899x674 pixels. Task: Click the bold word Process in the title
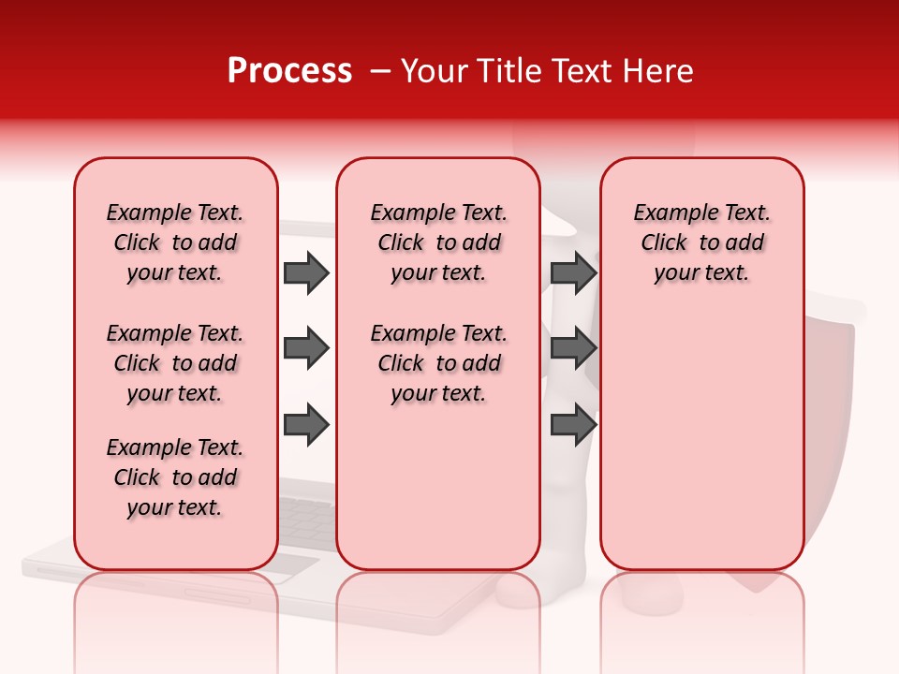click(x=289, y=71)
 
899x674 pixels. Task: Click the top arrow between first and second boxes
click(x=306, y=272)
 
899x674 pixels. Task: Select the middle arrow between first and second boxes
click(x=306, y=349)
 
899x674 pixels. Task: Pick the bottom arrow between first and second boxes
click(x=306, y=425)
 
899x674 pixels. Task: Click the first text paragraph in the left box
click(x=175, y=242)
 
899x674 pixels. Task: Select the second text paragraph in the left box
click(x=175, y=363)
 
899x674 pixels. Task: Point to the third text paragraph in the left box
click(x=175, y=477)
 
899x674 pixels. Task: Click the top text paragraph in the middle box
click(x=439, y=242)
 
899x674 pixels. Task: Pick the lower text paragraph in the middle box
click(x=439, y=363)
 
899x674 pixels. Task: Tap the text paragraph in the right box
click(x=701, y=242)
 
